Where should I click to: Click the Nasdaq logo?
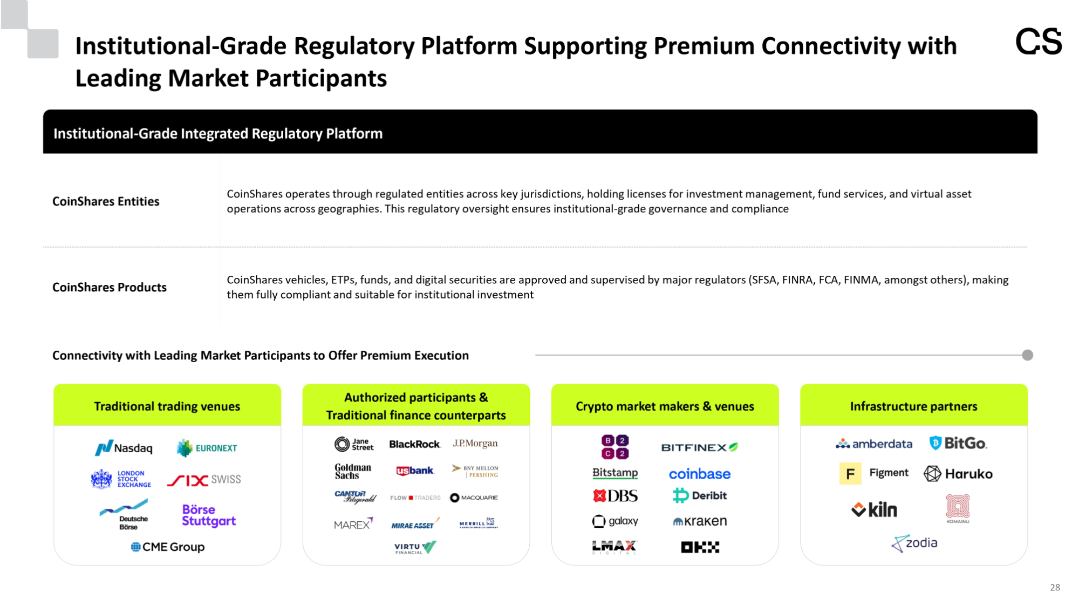click(124, 448)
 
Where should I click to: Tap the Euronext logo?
click(207, 448)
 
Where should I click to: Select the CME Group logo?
click(168, 547)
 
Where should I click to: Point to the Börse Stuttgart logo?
click(208, 515)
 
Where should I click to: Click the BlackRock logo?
click(414, 444)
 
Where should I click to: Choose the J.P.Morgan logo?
click(475, 444)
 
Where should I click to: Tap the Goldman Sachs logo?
click(353, 471)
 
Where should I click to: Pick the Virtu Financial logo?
click(415, 548)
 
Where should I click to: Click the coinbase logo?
click(699, 474)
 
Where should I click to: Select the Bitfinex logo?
click(699, 447)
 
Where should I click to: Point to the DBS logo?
click(615, 495)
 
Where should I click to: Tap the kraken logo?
click(700, 521)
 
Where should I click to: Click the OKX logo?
click(700, 547)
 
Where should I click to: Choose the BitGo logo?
click(958, 444)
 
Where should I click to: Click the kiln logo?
click(874, 509)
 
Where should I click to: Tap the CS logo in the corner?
click(1038, 42)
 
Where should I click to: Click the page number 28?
click(1055, 587)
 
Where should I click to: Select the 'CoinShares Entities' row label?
click(106, 201)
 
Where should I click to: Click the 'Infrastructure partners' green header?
click(913, 406)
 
